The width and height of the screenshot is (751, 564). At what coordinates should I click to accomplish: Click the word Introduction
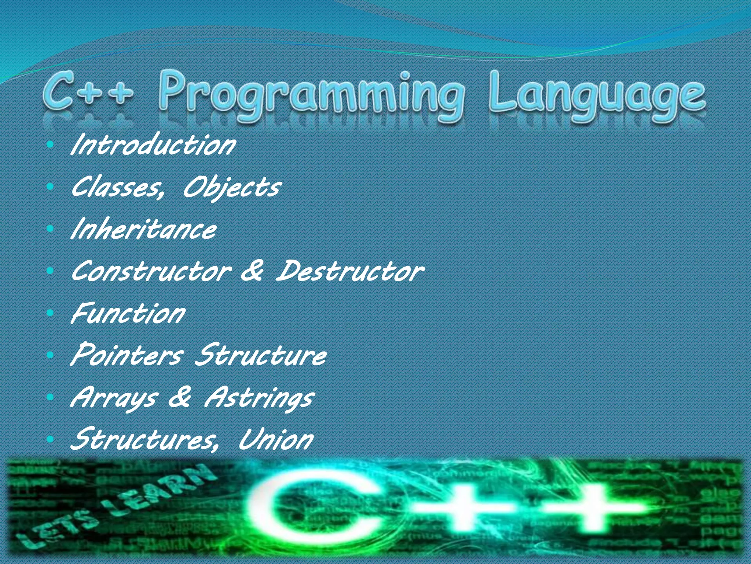(153, 145)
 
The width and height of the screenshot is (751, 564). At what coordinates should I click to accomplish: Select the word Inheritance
(144, 229)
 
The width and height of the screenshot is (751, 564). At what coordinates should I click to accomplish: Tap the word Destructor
(350, 272)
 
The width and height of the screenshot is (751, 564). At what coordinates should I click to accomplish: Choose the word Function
(128, 314)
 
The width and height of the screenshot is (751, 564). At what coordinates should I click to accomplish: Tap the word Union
(276, 440)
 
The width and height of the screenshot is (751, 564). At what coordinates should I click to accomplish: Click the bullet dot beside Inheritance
(51, 229)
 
